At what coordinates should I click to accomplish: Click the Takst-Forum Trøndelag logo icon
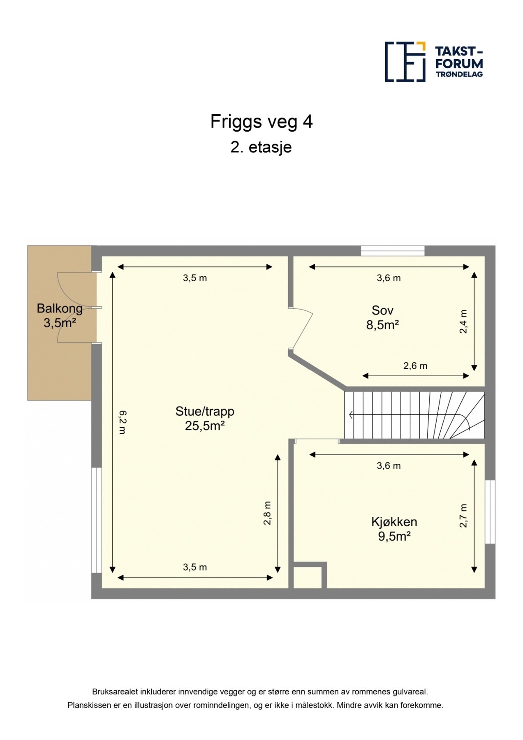405,62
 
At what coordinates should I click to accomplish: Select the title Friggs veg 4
261,122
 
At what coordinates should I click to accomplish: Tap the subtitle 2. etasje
261,147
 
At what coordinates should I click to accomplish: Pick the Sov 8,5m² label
383,317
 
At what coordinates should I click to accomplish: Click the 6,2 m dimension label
123,422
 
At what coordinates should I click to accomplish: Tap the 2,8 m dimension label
267,513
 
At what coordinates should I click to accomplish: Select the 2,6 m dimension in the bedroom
415,365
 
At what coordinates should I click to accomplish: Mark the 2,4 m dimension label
463,321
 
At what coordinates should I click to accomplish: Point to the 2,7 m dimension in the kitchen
463,516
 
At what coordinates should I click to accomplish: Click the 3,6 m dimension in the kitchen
389,466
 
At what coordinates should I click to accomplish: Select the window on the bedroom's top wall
393,250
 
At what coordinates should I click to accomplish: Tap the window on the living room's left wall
96,520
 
